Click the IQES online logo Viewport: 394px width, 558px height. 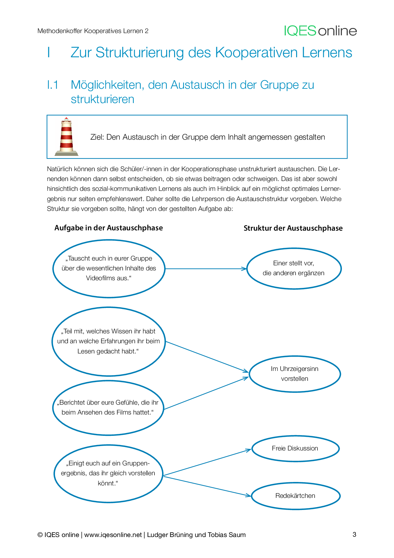pyautogui.click(x=320, y=31)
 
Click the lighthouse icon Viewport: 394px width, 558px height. pyautogui.click(x=66, y=137)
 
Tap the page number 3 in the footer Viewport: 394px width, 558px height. pyautogui.click(x=354, y=534)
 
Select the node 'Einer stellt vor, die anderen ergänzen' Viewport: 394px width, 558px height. pyautogui.click(x=294, y=269)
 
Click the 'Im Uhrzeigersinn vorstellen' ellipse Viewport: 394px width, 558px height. pyautogui.click(x=295, y=374)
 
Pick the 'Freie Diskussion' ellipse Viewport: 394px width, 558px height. pyautogui.click(x=295, y=449)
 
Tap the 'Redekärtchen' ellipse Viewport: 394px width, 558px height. pyautogui.click(x=295, y=496)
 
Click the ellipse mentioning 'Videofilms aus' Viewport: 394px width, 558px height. pyautogui.click(x=109, y=269)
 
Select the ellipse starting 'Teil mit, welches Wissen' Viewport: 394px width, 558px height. pyautogui.click(x=109, y=341)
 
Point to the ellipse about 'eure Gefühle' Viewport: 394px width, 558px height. pyautogui.click(x=108, y=408)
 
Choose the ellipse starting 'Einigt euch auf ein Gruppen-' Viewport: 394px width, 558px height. pyautogui.click(x=108, y=473)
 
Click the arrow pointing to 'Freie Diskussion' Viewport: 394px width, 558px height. pyautogui.click(x=207, y=463)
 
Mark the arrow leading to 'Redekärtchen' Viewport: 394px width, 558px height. pyautogui.click(x=207, y=486)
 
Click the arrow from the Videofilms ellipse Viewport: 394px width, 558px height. pyautogui.click(x=206, y=269)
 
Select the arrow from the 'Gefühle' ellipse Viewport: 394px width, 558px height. pyautogui.click(x=206, y=393)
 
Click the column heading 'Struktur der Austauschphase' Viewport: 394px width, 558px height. pyautogui.click(x=293, y=228)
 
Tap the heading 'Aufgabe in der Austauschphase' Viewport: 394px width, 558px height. pyautogui.click(x=109, y=228)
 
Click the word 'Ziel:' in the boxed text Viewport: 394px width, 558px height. pyautogui.click(x=97, y=137)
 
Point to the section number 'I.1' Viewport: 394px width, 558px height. pyautogui.click(x=53, y=85)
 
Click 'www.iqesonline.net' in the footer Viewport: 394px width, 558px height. pyautogui.click(x=113, y=535)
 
